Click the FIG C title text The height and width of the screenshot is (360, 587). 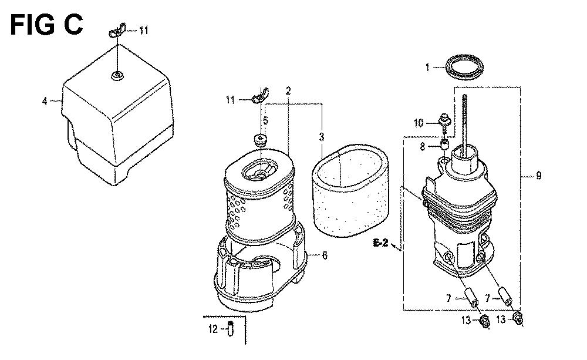(x=46, y=25)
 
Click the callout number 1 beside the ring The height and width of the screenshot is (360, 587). (x=427, y=68)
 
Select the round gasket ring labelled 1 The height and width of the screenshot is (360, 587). (x=464, y=67)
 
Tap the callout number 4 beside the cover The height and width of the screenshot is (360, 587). (x=45, y=101)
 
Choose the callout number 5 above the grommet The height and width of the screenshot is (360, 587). (x=265, y=120)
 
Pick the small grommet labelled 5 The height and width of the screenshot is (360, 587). (x=261, y=140)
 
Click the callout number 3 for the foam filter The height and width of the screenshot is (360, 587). (x=322, y=137)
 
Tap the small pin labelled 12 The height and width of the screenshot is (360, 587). (x=231, y=328)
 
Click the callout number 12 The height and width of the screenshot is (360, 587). (x=212, y=329)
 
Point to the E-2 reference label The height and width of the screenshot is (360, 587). (x=381, y=243)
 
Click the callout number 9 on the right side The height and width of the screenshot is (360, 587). (x=539, y=176)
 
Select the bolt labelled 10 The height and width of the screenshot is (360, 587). (x=444, y=122)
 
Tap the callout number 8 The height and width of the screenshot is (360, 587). (x=422, y=147)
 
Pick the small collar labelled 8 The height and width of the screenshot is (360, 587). (x=444, y=144)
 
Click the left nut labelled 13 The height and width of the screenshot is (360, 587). (x=484, y=321)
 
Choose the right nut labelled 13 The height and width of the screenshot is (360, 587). (x=518, y=318)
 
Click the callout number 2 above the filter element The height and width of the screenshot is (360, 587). (x=288, y=90)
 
